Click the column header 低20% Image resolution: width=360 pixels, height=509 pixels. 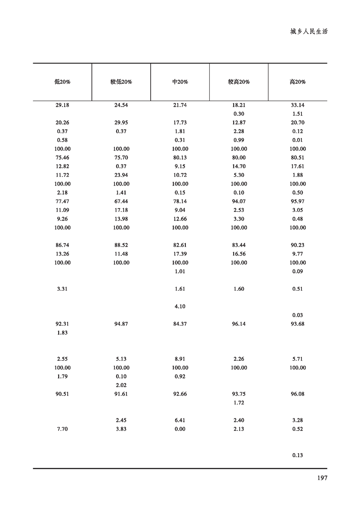[62, 82]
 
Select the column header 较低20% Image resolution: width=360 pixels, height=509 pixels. [121, 82]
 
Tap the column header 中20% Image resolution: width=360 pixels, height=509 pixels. [180, 82]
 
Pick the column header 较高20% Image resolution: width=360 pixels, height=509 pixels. [239, 82]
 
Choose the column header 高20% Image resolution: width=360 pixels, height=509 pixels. [298, 82]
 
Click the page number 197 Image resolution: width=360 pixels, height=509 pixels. [322, 478]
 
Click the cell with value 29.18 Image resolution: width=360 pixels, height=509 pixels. [62, 105]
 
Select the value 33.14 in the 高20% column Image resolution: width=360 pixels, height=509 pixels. [298, 105]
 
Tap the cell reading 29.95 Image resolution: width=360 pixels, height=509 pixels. [121, 122]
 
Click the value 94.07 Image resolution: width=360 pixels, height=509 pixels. [239, 201]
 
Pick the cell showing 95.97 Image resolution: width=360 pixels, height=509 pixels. [298, 201]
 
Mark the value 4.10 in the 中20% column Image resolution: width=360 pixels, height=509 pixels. [180, 306]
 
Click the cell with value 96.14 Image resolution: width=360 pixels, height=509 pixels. [239, 324]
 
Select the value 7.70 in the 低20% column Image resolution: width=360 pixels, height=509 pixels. [62, 429]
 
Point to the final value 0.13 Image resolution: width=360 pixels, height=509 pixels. [298, 455]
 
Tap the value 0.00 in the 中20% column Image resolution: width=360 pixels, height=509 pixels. [180, 429]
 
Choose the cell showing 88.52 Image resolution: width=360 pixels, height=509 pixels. [121, 245]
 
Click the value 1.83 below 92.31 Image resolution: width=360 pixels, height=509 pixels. [62, 333]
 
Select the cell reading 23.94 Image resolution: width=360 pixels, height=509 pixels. [121, 175]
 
